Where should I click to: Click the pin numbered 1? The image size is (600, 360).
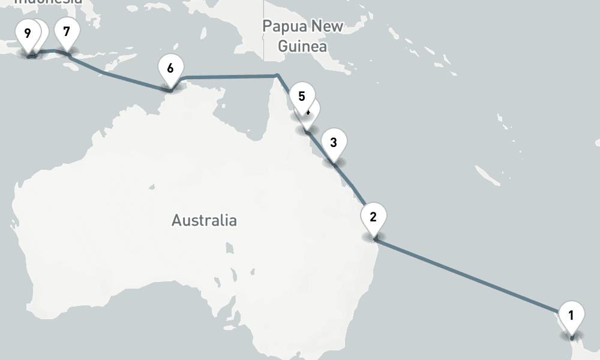tap(571, 315)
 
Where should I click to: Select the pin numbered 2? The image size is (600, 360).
tap(373, 217)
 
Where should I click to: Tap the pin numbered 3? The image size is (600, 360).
tap(334, 143)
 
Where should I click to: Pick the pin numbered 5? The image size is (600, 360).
tap(301, 97)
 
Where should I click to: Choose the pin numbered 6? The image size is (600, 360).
tap(170, 68)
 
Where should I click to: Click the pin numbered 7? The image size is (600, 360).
tap(66, 32)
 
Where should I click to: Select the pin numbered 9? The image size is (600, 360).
tap(27, 32)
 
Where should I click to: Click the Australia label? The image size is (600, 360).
tap(204, 220)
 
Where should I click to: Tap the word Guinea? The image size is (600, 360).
tap(302, 46)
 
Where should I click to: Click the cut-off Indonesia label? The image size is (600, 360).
tap(48, 2)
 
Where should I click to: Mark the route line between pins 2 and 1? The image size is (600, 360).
tap(468, 275)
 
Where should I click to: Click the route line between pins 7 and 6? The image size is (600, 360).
tap(120, 77)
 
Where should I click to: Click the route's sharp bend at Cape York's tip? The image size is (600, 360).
tap(277, 75)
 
